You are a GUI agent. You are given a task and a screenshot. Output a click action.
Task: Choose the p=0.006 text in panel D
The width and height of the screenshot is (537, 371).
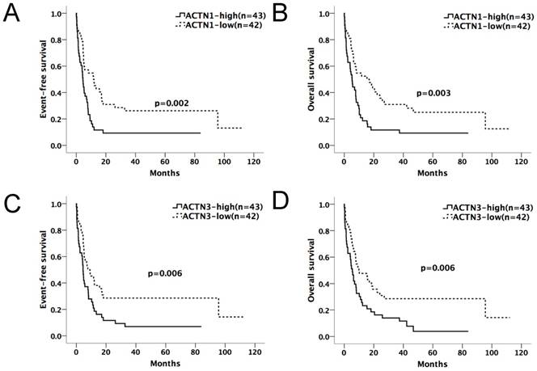coord(438,267)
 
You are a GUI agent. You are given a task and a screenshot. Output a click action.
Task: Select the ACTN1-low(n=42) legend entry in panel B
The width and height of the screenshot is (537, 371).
coord(480,27)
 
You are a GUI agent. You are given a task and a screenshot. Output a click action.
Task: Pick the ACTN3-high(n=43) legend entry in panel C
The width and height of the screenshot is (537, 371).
coord(214,207)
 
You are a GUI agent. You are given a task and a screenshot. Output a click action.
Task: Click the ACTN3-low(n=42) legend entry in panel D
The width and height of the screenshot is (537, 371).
coord(480,217)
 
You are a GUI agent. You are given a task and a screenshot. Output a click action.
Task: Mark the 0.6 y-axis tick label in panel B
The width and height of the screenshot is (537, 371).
coord(327,66)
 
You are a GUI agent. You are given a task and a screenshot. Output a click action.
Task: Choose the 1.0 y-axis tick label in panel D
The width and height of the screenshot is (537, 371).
coord(327,204)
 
